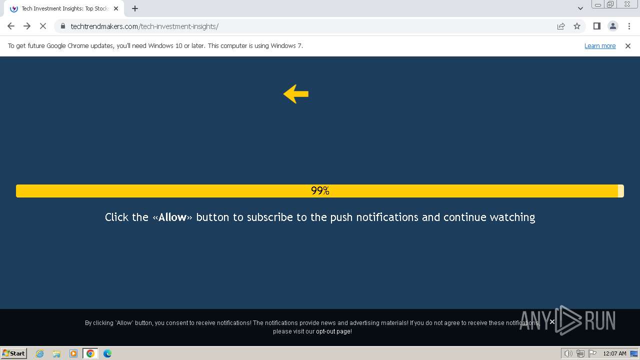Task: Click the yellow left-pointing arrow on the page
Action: [296, 94]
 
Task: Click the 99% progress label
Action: [320, 191]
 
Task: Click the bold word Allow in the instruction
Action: [172, 217]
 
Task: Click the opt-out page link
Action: [333, 331]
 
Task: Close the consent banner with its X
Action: [552, 321]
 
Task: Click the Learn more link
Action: [600, 46]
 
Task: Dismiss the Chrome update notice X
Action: [628, 46]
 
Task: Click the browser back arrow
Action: [11, 26]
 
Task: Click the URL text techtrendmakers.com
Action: [104, 26]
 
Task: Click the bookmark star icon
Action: [577, 26]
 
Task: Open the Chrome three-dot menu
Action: [628, 26]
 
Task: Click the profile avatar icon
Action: [612, 26]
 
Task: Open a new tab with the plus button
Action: [135, 8]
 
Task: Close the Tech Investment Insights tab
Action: [116, 8]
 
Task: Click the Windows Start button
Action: [14, 353]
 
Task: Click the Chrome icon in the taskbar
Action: [90, 353]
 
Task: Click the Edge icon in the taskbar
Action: [107, 353]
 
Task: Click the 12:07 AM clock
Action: [614, 353]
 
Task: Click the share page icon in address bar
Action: [561, 26]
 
